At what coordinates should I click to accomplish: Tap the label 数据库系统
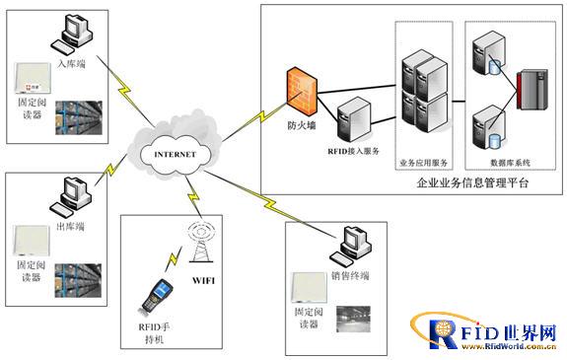509,161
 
